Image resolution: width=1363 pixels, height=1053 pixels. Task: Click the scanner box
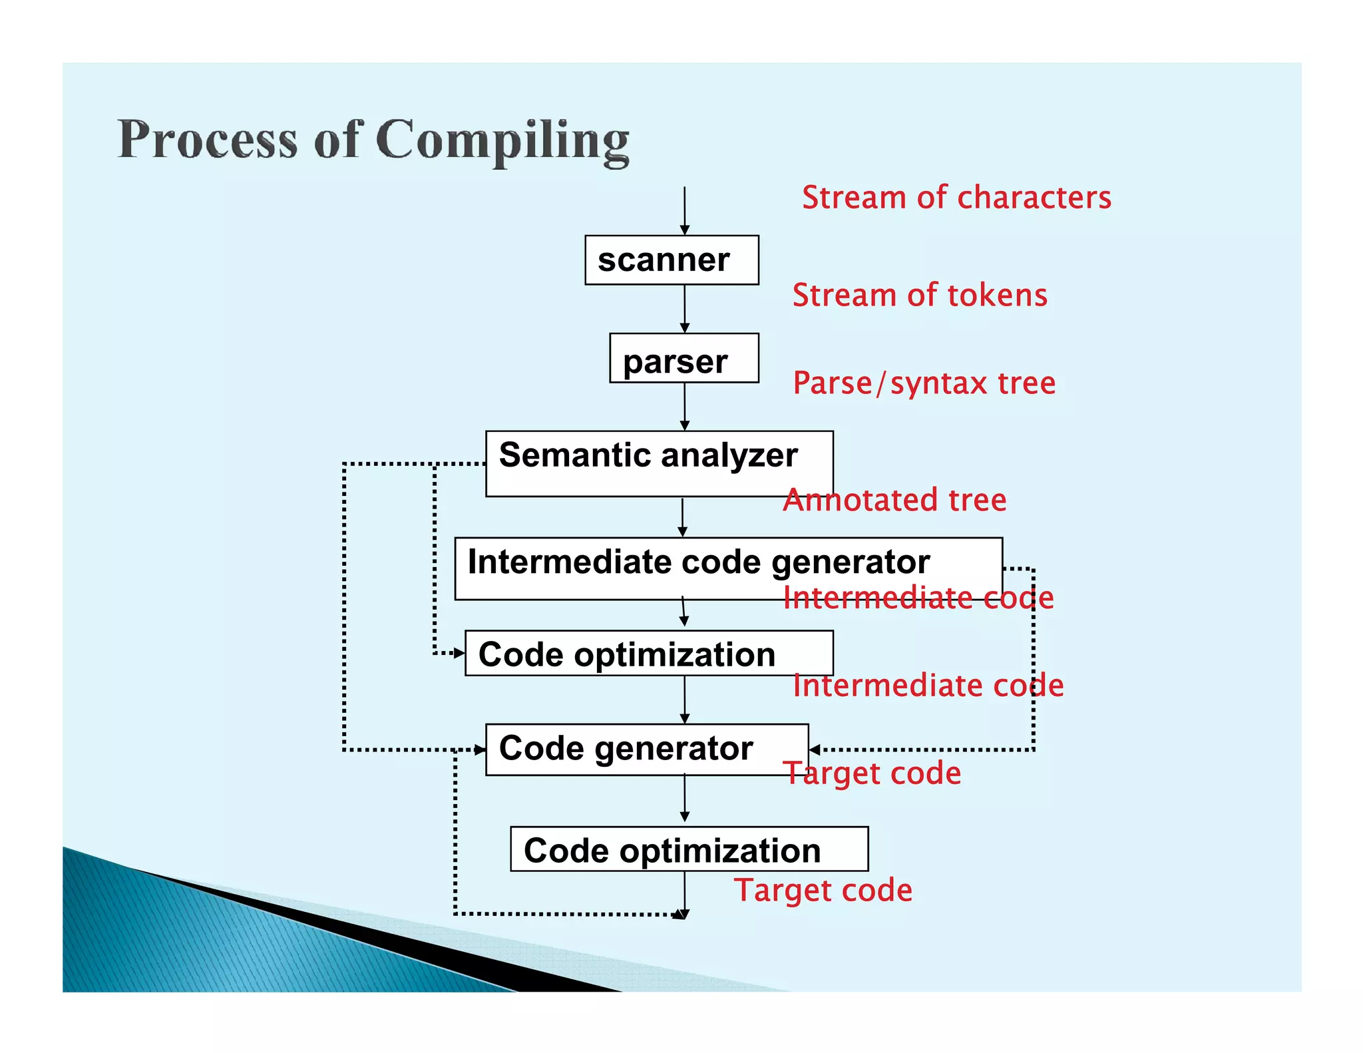pyautogui.click(x=671, y=260)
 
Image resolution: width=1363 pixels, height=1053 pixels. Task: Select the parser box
pyautogui.click(x=683, y=358)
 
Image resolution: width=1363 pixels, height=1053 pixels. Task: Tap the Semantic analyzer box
pyautogui.click(x=659, y=463)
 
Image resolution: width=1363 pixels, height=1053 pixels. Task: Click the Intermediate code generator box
pyautogui.click(x=728, y=568)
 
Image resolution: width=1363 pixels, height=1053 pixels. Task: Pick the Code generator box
pyautogui.click(x=646, y=749)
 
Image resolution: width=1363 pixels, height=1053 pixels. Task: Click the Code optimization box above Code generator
pyautogui.click(x=648, y=653)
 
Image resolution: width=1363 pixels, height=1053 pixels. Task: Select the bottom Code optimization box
pyautogui.click(x=689, y=849)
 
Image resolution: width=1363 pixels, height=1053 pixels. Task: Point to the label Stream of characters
pyautogui.click(x=956, y=198)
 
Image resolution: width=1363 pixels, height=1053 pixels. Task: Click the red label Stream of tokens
pyautogui.click(x=919, y=295)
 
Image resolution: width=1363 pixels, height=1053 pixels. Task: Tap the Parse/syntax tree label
pyautogui.click(x=924, y=383)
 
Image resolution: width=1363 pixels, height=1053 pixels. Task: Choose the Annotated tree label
pyautogui.click(x=894, y=500)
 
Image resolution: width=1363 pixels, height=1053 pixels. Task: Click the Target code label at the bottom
pyautogui.click(x=823, y=890)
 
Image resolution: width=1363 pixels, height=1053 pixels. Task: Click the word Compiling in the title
pyautogui.click(x=502, y=140)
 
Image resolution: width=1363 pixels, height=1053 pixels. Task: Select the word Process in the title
pyautogui.click(x=207, y=140)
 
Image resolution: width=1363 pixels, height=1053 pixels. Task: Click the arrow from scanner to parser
pyautogui.click(x=684, y=309)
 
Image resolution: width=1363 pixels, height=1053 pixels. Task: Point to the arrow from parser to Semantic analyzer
pyautogui.click(x=684, y=407)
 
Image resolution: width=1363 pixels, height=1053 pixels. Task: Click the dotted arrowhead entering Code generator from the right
pyautogui.click(x=815, y=749)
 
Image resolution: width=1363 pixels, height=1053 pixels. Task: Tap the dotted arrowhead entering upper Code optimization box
pyautogui.click(x=459, y=653)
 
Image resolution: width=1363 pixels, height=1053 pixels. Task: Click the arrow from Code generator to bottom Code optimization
pyautogui.click(x=684, y=799)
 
